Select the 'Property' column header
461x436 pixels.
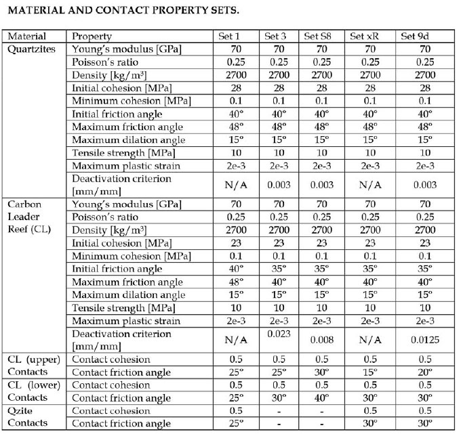pyautogui.click(x=92, y=36)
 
